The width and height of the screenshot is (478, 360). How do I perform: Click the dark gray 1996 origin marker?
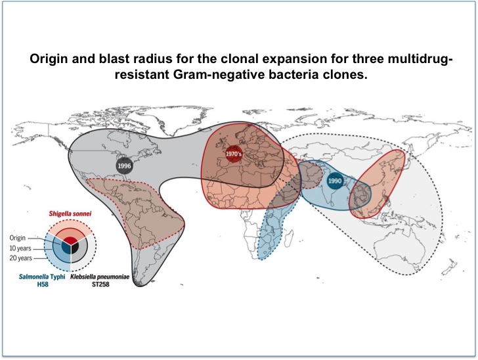[124, 166]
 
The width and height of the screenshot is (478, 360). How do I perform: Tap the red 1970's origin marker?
[234, 154]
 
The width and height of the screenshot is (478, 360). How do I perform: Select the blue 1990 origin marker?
[334, 181]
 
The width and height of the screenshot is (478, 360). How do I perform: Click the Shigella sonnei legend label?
[70, 214]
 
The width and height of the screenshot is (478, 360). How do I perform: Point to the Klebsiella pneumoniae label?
[100, 277]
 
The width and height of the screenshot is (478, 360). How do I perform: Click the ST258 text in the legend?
[100, 284]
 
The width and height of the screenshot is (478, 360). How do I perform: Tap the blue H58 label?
[43, 284]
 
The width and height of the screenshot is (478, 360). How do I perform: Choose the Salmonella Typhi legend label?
[42, 277]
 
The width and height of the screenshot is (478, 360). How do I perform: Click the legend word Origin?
[18, 238]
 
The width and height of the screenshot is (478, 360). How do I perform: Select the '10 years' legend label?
[20, 248]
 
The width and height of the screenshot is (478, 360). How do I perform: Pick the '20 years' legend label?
[21, 258]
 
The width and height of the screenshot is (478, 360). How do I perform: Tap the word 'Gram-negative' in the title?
[219, 75]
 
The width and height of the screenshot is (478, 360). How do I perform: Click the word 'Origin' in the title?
[49, 59]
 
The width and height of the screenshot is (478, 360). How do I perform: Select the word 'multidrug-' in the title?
[420, 59]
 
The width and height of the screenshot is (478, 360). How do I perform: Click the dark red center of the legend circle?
[70, 240]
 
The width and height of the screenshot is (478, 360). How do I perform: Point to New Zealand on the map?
[450, 266]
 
